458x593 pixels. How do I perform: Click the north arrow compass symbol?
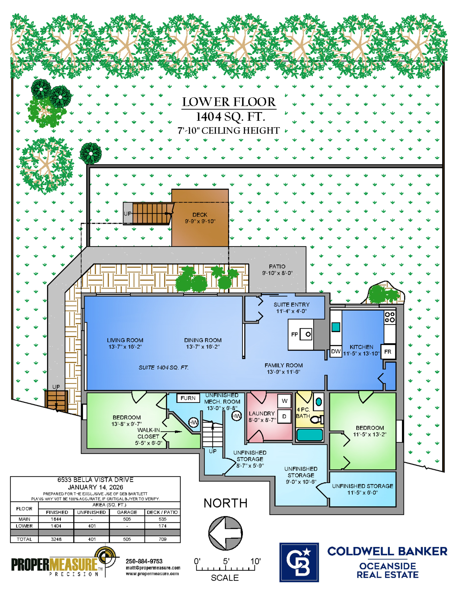(x=225, y=533)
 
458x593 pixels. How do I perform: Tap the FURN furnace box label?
(x=188, y=398)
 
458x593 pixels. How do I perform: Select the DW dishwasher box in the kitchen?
(x=336, y=351)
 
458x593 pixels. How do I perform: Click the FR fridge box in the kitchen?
(x=388, y=352)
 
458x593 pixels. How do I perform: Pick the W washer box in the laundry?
(x=284, y=401)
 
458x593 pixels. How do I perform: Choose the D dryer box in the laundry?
(x=284, y=416)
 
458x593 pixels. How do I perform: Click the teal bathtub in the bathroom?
(x=309, y=435)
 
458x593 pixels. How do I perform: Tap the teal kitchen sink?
(x=336, y=327)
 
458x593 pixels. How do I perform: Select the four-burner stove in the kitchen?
(x=390, y=317)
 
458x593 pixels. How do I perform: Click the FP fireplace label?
(x=295, y=334)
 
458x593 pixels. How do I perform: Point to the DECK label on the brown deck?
(x=200, y=214)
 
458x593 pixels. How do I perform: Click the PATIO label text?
(x=277, y=266)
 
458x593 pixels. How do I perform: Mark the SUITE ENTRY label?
(x=291, y=304)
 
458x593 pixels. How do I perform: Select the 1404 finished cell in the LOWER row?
(x=56, y=526)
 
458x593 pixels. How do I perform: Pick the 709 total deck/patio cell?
(x=163, y=539)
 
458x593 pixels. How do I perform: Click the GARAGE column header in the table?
(x=127, y=512)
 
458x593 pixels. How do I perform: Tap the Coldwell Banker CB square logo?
(x=299, y=562)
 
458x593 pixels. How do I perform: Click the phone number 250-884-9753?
(x=144, y=561)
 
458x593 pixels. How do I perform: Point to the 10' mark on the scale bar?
(x=255, y=562)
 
